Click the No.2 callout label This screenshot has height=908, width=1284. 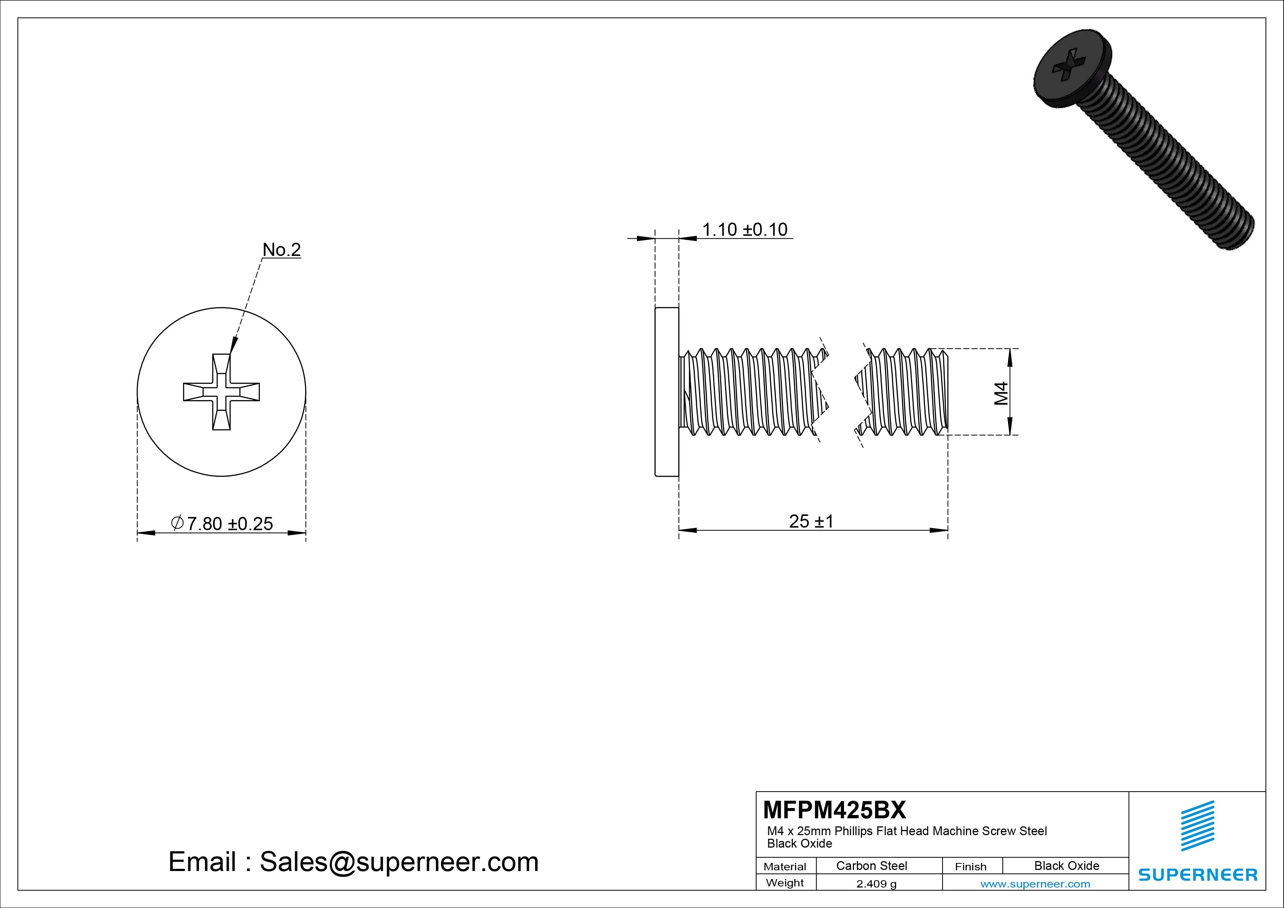click(x=281, y=250)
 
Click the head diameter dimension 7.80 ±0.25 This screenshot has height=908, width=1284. click(x=222, y=524)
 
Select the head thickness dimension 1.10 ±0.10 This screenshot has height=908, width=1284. click(x=744, y=229)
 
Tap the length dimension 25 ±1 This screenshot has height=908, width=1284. click(x=811, y=521)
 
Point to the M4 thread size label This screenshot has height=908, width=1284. click(x=1001, y=393)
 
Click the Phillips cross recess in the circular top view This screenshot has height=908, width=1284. click(x=221, y=392)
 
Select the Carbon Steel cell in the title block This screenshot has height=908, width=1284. click(x=871, y=866)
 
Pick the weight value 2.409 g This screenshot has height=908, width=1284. click(x=876, y=884)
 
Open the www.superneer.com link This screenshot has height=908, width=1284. click(x=1035, y=884)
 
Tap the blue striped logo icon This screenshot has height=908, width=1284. click(x=1197, y=826)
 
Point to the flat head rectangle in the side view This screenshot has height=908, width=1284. click(x=667, y=392)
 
